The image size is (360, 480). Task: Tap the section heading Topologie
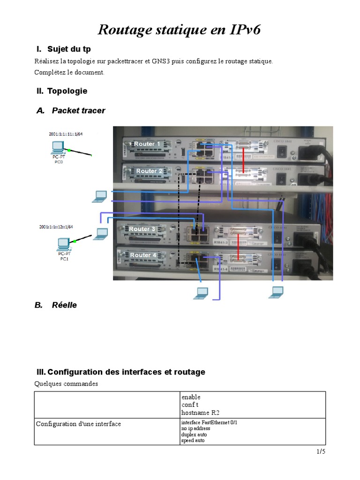[x=67, y=91]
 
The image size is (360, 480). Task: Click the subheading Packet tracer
[x=78, y=111]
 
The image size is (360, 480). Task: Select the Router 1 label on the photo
[x=147, y=144]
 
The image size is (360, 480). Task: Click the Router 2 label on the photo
[x=149, y=171]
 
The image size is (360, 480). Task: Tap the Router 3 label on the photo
[x=142, y=229]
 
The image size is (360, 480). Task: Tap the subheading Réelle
[x=64, y=305]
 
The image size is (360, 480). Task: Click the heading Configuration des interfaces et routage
[x=126, y=372]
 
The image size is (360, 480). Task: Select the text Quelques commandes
[x=66, y=383]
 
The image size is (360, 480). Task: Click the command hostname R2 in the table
[x=200, y=412]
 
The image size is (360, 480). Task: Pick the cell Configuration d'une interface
[x=79, y=424]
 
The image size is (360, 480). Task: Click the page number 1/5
[x=321, y=452]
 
